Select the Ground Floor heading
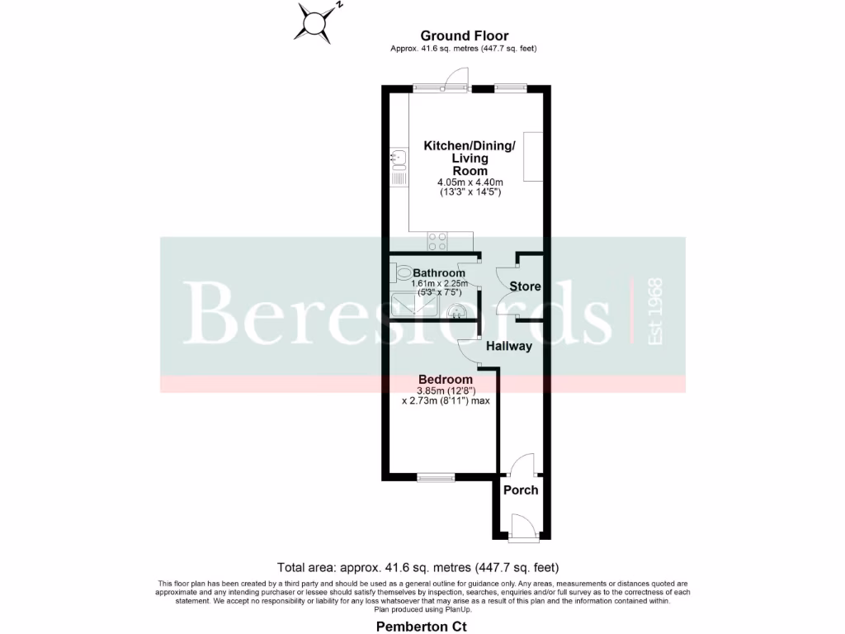(x=464, y=35)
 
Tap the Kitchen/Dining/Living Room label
(x=469, y=158)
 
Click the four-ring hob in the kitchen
(x=437, y=241)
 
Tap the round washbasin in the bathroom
(x=456, y=311)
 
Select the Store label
(x=525, y=286)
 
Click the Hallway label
(x=508, y=346)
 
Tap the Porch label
(x=521, y=490)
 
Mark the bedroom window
(x=435, y=477)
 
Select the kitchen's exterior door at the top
(x=455, y=79)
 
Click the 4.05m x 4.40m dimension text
(x=469, y=182)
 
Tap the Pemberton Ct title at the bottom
(x=422, y=627)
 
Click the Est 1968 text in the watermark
(x=656, y=312)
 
